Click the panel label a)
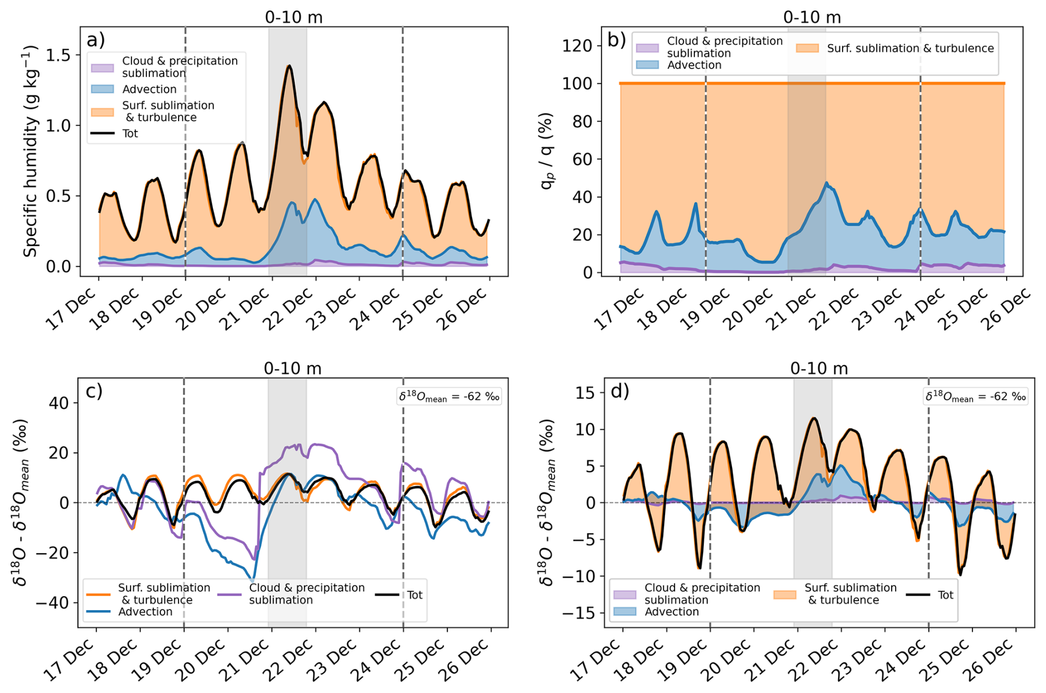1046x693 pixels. pos(96,40)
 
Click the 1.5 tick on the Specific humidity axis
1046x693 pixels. pos(59,55)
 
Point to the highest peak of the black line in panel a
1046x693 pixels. pos(289,66)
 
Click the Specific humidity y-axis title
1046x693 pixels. pos(30,151)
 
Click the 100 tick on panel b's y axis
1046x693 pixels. pos(577,84)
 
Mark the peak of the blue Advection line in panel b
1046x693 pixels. pos(827,183)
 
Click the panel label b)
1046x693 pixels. pos(616,40)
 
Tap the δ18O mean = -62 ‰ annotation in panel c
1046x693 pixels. pos(449,397)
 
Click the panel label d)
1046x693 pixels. pos(620,391)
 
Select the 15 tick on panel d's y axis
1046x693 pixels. pos(585,393)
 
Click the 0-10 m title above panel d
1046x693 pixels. pos(819,368)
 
